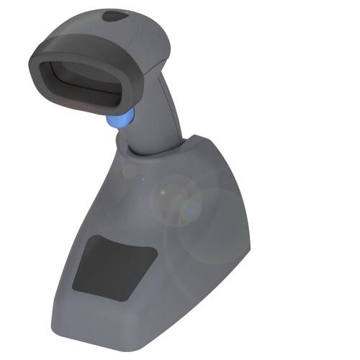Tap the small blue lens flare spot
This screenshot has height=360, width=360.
coord(192,210)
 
